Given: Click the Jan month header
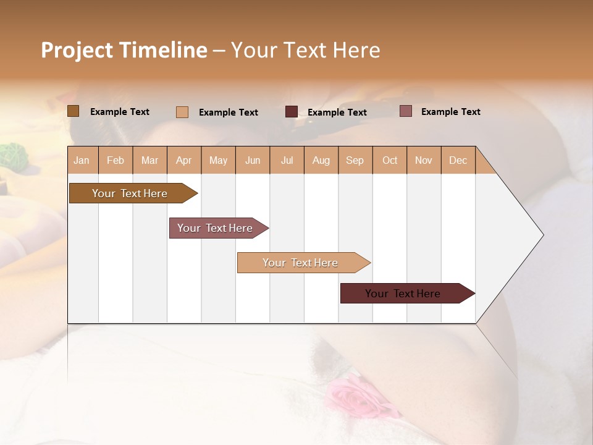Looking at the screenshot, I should [82, 160].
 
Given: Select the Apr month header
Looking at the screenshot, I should [183, 160].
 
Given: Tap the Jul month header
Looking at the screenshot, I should [287, 160].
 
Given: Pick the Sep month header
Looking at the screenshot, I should [355, 160].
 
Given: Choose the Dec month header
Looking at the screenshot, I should [458, 160].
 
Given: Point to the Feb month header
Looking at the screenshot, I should [116, 160].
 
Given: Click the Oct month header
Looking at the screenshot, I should [390, 160].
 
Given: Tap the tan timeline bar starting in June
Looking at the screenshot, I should [301, 263].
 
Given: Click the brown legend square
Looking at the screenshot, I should [74, 111].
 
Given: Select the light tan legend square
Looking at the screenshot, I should [182, 112].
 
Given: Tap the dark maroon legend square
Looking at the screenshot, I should [292, 112].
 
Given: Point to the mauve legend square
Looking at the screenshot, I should [405, 111].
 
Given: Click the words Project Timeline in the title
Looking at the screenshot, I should [124, 50].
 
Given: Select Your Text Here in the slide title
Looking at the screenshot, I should [305, 50].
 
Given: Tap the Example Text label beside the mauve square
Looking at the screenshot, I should [450, 112].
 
